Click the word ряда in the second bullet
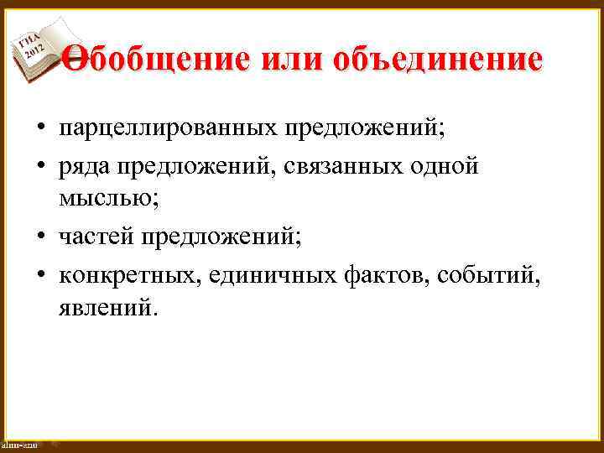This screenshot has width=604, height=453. coord(84,166)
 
